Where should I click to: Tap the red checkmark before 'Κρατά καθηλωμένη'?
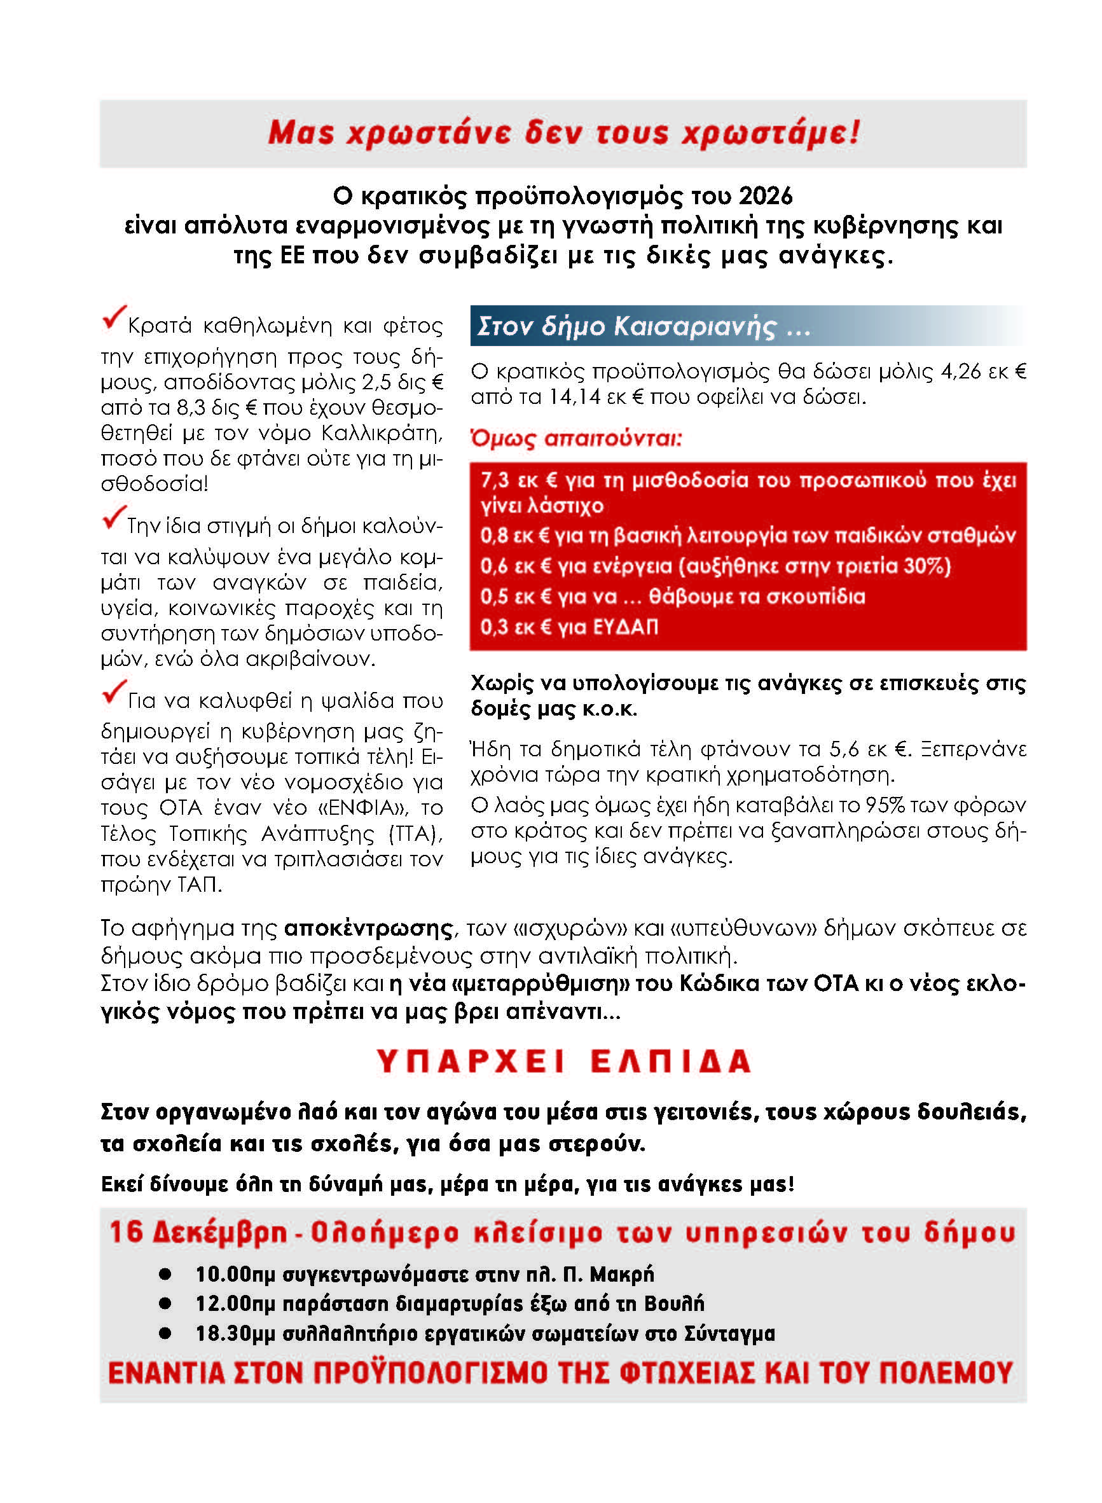click(114, 317)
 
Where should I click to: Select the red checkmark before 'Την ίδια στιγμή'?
click(114, 518)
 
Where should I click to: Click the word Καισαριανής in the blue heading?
click(695, 326)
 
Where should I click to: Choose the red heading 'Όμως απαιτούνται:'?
click(576, 438)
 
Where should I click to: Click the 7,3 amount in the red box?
click(494, 480)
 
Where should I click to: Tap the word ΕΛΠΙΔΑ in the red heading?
click(671, 1062)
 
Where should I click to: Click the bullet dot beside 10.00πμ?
click(165, 1275)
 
